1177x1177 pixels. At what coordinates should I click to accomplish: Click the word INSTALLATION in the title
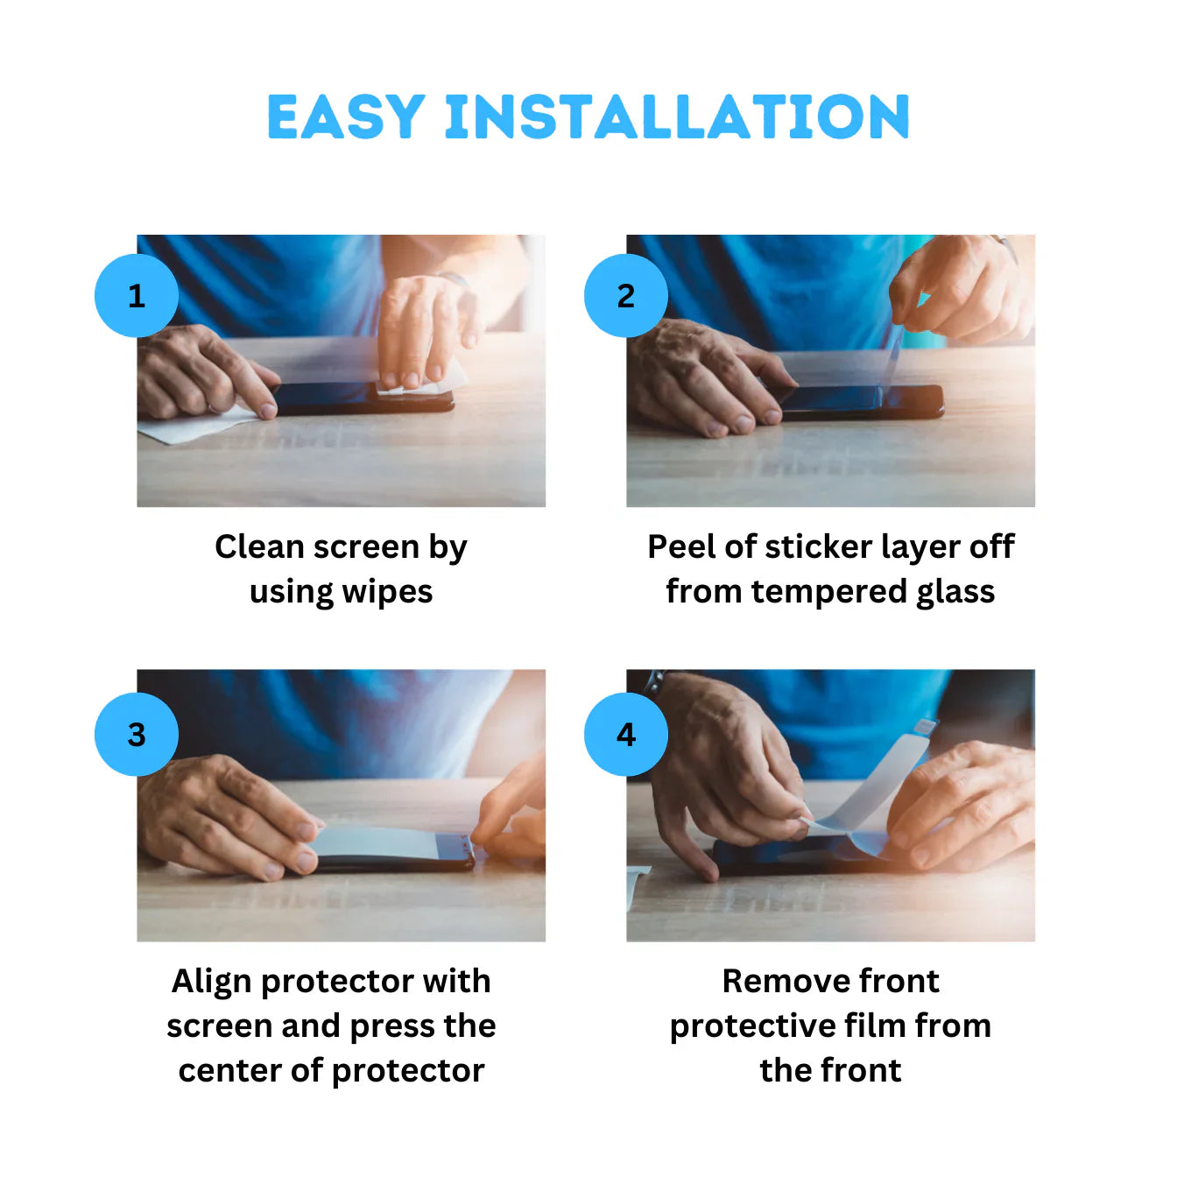678,118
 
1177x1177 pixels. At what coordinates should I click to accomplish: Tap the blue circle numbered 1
137,296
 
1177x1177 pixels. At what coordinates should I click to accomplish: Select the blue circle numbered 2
626,296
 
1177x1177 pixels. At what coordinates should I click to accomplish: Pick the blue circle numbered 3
137,734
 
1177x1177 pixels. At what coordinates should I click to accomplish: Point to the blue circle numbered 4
626,734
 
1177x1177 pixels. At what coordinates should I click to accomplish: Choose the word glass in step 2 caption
955,593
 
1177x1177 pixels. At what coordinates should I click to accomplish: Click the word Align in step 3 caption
212,982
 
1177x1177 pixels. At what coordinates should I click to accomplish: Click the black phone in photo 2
911,401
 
